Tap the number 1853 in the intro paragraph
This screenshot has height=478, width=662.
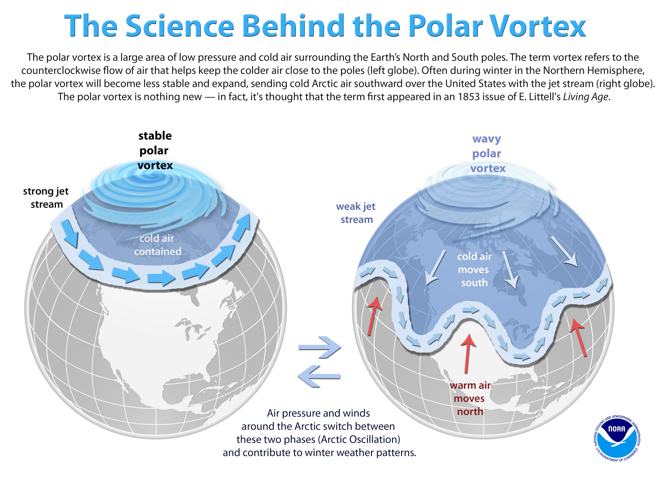(469, 97)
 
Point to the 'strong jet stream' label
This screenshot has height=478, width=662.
(46, 198)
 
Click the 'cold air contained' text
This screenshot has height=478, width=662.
(157, 245)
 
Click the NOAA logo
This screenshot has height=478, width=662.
(617, 438)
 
